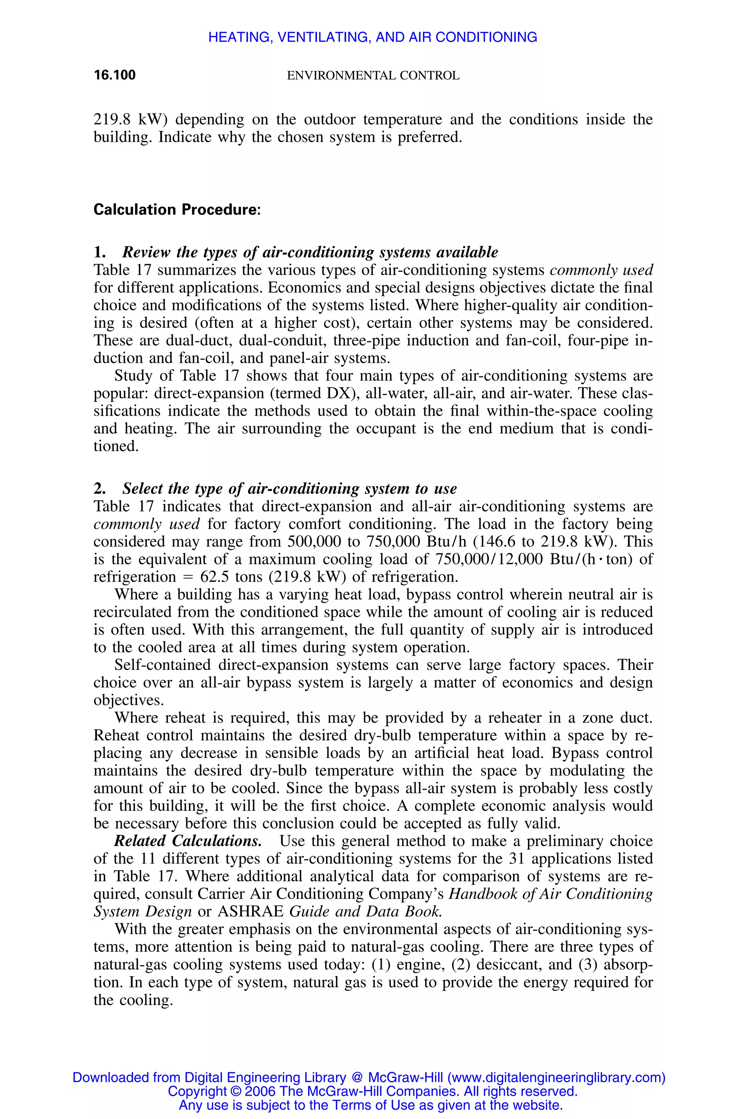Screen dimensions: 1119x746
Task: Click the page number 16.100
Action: pos(115,75)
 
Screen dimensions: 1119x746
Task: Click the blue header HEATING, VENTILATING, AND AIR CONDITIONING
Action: pos(373,37)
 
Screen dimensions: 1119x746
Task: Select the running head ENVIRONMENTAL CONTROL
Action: pos(373,76)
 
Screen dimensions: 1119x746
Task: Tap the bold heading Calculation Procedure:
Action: pos(177,210)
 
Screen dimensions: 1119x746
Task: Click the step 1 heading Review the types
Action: pos(310,252)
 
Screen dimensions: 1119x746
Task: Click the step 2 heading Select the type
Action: pos(289,488)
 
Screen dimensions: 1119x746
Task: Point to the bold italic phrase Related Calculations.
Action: pos(188,841)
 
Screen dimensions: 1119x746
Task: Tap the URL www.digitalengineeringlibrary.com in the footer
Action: pos(556,1077)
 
